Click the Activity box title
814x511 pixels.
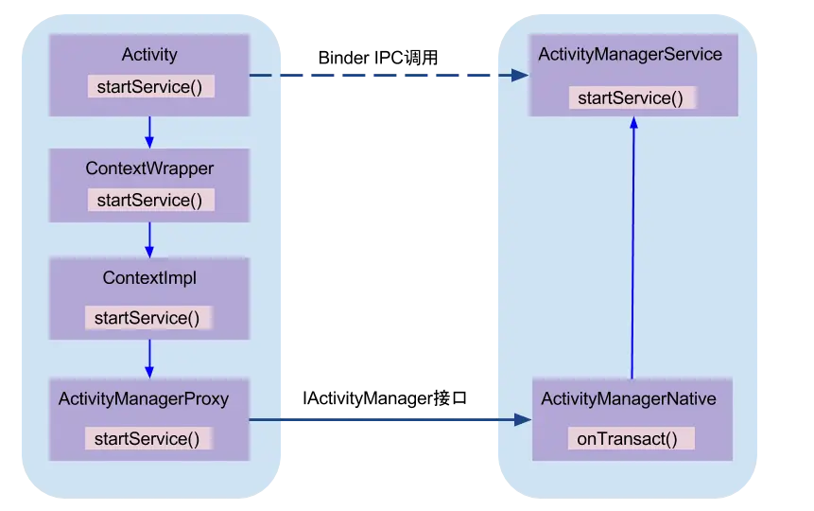click(149, 56)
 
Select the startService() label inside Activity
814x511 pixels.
click(150, 87)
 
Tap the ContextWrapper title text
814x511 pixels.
click(149, 168)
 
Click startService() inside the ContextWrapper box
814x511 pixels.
click(150, 200)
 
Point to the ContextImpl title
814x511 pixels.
click(149, 278)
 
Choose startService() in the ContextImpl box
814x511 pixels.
click(149, 318)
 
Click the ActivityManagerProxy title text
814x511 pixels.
click(144, 398)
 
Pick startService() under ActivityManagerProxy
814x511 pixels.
click(149, 438)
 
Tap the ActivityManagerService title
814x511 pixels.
click(630, 54)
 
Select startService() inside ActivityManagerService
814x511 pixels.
click(631, 97)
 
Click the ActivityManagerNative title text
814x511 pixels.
click(629, 399)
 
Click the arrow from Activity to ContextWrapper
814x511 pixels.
click(148, 132)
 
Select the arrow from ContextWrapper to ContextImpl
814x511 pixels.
click(148, 240)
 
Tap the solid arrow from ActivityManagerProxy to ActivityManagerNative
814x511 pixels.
click(388, 419)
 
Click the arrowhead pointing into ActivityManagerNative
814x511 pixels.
click(521, 419)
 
